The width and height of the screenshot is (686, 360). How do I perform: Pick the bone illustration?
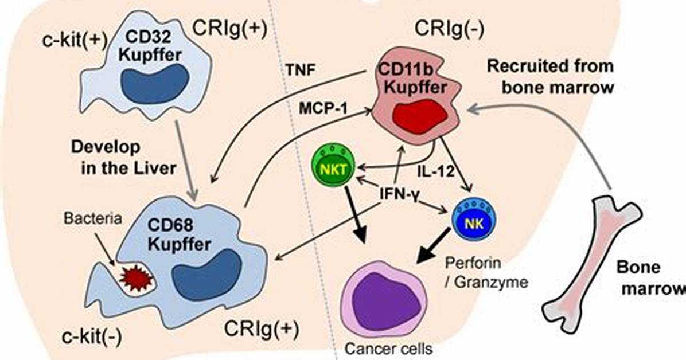tap(591, 263)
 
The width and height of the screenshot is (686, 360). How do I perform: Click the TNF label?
tap(301, 71)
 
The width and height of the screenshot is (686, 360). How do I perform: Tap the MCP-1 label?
tap(323, 108)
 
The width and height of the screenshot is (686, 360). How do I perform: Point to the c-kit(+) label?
tap(75, 40)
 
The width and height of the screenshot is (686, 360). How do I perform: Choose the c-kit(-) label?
tap(92, 337)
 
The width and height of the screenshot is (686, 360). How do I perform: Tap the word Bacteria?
tap(92, 218)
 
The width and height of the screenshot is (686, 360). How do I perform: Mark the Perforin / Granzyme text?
tap(486, 273)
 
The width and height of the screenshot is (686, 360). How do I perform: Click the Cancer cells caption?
tap(388, 349)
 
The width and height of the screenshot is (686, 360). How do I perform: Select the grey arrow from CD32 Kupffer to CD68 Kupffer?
tap(186, 160)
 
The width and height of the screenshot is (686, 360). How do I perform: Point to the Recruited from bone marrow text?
tap(551, 77)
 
